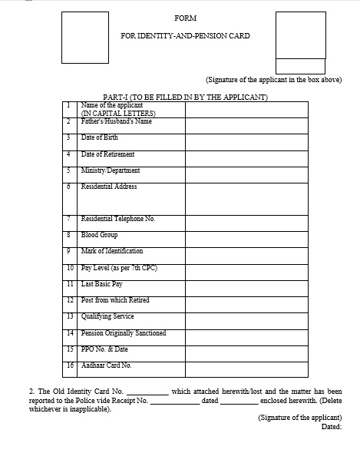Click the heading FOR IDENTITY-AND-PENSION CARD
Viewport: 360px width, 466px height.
point(185,35)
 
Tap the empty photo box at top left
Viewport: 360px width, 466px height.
point(81,36)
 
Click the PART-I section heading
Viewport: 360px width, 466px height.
point(184,97)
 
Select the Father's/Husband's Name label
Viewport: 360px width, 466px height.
point(117,121)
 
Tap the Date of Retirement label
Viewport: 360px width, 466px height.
point(107,154)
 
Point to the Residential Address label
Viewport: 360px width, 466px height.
point(109,187)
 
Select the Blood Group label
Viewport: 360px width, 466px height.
point(98,235)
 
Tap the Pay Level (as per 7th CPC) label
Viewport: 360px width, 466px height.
point(119,268)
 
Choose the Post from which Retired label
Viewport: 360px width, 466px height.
point(115,300)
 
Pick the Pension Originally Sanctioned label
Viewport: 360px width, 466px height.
point(123,333)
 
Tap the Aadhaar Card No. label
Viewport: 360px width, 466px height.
point(106,365)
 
